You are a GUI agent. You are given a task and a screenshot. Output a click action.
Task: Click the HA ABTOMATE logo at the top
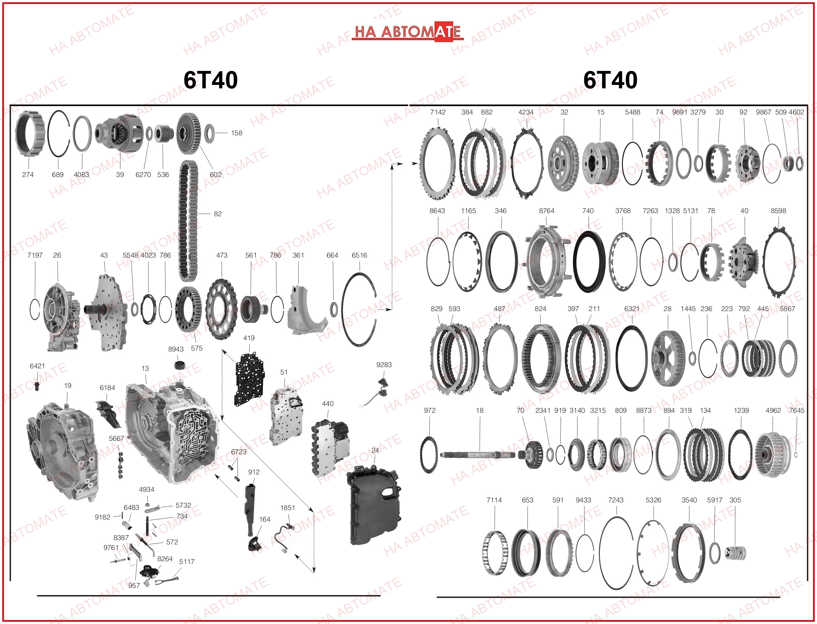pyautogui.click(x=408, y=31)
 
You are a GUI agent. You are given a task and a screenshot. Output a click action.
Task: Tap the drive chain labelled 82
pyautogui.click(x=188, y=221)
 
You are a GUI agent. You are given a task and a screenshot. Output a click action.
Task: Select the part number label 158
pyautogui.click(x=237, y=133)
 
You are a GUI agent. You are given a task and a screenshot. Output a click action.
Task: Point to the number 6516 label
pyautogui.click(x=359, y=255)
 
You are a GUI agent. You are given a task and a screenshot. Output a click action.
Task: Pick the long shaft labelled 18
pyautogui.click(x=479, y=455)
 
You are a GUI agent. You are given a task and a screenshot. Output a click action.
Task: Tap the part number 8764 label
pyautogui.click(x=547, y=211)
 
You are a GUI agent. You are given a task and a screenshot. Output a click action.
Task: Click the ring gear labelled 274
pyautogui.click(x=30, y=134)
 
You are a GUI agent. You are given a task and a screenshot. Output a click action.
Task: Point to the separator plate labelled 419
pyautogui.click(x=249, y=379)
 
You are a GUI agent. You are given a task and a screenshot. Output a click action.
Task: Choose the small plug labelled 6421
pyautogui.click(x=36, y=385)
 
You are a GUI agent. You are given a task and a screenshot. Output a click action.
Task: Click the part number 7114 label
pyautogui.click(x=494, y=500)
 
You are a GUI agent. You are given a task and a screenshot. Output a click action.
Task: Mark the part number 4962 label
pyautogui.click(x=773, y=410)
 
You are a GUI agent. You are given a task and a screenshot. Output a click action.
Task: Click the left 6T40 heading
pyautogui.click(x=211, y=80)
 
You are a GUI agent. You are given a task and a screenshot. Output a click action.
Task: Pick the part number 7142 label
pyautogui.click(x=438, y=112)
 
